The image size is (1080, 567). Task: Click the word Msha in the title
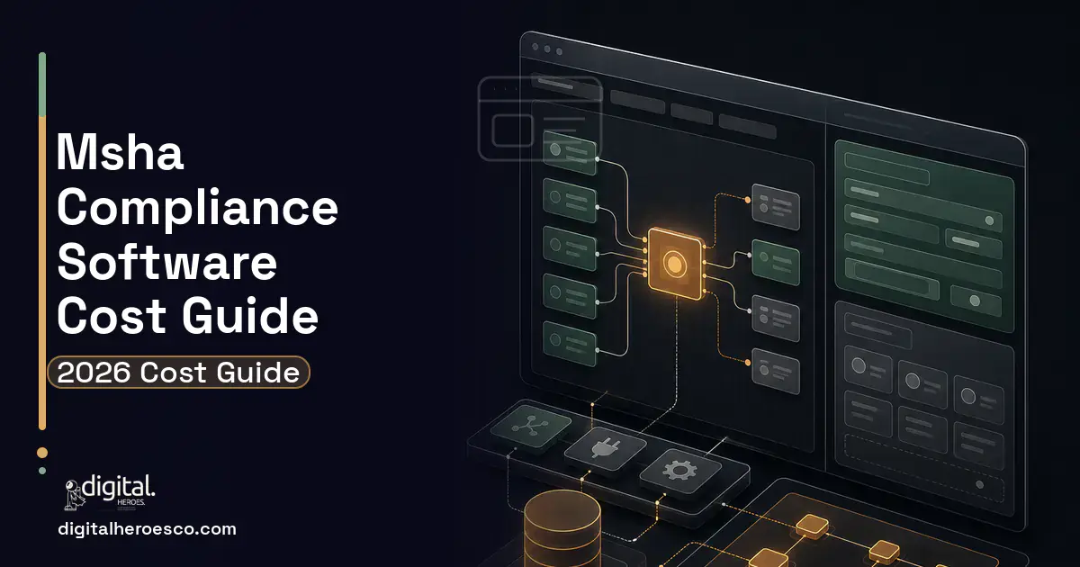pos(120,152)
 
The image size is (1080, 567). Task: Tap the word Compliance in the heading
pos(197,208)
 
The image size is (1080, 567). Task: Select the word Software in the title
pos(166,262)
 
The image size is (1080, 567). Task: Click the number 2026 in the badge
pos(94,373)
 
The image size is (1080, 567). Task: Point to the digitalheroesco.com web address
pos(147,529)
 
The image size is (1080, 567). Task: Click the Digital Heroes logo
pos(110,492)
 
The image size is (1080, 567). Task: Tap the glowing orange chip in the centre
pos(675,264)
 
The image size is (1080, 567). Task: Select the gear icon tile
pos(679,471)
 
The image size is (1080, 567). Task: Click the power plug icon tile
pos(606,448)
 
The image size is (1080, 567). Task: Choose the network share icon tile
pos(530,427)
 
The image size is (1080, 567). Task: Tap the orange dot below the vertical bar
pos(42,452)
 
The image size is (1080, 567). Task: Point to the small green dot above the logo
pos(42,471)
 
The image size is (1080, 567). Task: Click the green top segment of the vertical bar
pos(42,85)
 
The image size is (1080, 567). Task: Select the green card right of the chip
pos(776,262)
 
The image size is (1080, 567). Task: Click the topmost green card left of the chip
pos(570,153)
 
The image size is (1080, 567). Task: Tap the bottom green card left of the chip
pos(570,344)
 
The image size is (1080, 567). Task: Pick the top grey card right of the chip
pos(776,207)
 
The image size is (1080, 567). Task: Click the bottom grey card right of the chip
pos(776,371)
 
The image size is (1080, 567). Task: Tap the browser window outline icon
pos(540,119)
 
